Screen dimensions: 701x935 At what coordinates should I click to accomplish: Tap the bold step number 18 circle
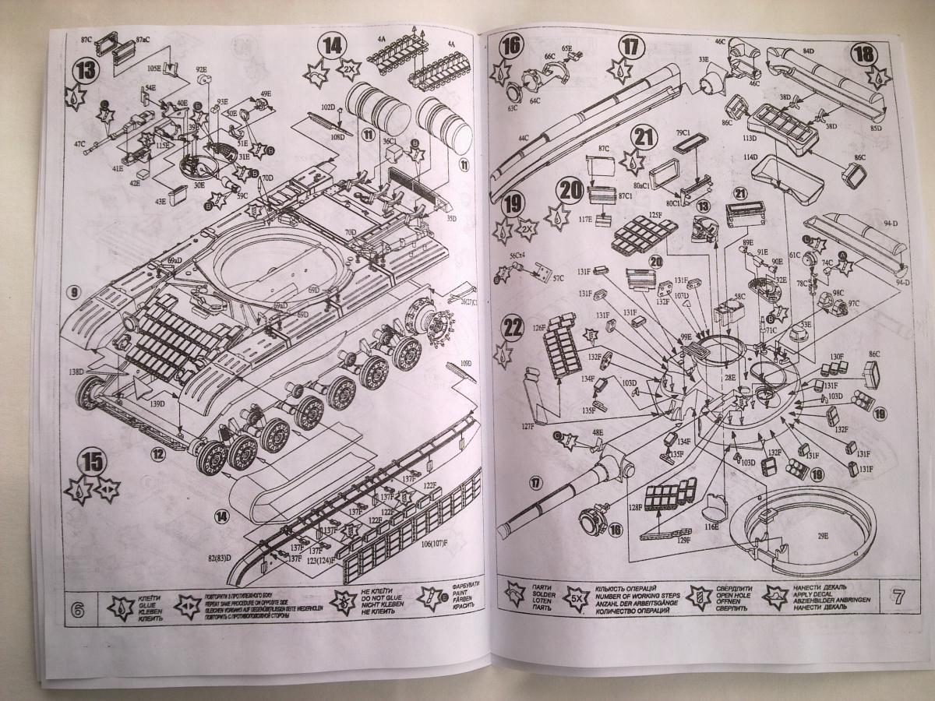pos(863,55)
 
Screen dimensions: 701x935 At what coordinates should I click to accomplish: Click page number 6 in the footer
pos(77,609)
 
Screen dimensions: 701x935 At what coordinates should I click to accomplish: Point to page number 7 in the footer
pos(898,599)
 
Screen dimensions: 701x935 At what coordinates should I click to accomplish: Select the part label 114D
pos(750,157)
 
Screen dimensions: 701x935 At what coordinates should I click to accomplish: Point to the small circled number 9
pos(74,293)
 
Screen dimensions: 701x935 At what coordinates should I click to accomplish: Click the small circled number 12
pos(158,454)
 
